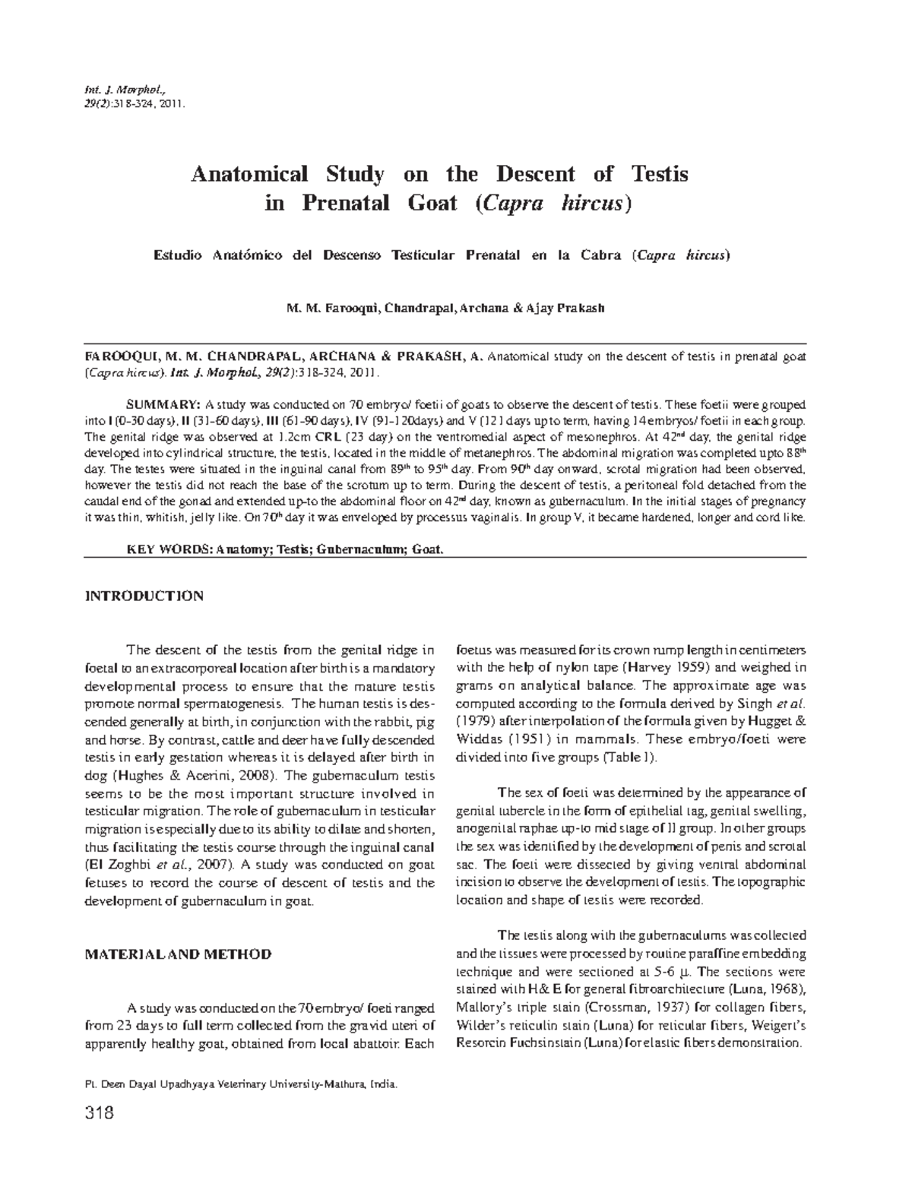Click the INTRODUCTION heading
tap(144, 596)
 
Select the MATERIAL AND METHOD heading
tap(177, 954)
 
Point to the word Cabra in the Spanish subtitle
tap(601, 255)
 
